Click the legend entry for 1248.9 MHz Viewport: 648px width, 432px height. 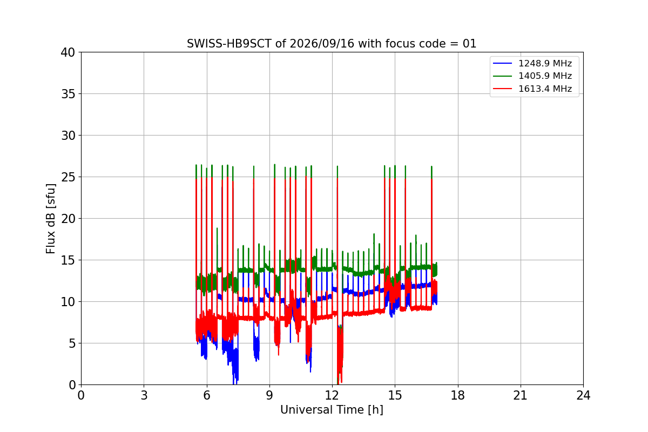[x=545, y=63]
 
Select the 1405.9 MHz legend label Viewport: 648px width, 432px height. [x=545, y=76]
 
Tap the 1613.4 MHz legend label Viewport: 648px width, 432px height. [x=545, y=89]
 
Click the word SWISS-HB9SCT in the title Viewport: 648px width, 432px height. [x=229, y=44]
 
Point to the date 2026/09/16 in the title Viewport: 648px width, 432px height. [x=322, y=44]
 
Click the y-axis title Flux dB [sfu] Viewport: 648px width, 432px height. [x=51, y=219]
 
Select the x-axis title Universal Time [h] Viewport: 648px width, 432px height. [x=332, y=410]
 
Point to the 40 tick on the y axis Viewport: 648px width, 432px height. [x=67, y=52]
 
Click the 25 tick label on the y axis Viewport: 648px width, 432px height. [x=67, y=177]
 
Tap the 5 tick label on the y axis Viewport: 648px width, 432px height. [x=72, y=343]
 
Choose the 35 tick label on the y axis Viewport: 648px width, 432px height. [x=67, y=94]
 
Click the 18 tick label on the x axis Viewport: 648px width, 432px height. [x=458, y=395]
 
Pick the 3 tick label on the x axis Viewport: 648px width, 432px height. [x=144, y=395]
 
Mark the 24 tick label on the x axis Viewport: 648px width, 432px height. [x=583, y=395]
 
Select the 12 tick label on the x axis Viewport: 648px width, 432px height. [x=332, y=395]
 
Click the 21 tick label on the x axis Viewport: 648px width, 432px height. [x=521, y=395]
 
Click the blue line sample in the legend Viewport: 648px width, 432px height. [x=503, y=63]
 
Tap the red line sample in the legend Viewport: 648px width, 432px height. [x=503, y=89]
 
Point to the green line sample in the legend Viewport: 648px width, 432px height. [x=503, y=76]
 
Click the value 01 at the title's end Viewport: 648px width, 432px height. [x=469, y=44]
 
